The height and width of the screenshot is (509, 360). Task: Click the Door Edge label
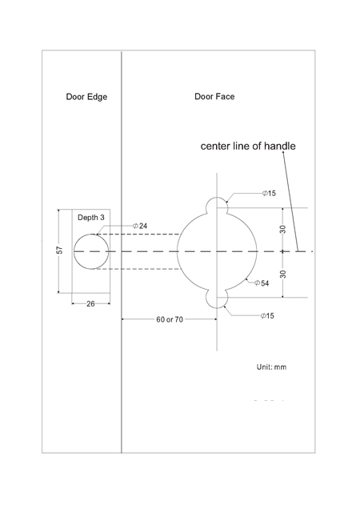(x=86, y=97)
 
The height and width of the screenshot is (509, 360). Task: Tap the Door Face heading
(x=214, y=96)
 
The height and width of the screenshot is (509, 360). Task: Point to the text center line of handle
(x=248, y=146)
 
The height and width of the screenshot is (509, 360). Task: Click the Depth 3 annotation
(x=91, y=218)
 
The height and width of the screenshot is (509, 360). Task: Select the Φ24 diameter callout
(x=140, y=226)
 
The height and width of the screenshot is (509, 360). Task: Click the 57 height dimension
(x=60, y=250)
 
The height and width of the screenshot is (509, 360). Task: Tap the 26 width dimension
(x=90, y=304)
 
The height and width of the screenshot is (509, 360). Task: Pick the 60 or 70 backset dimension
(x=170, y=319)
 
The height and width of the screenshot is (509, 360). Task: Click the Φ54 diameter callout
(x=262, y=283)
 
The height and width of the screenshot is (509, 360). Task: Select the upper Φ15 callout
(x=269, y=193)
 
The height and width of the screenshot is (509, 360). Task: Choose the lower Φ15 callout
(x=267, y=315)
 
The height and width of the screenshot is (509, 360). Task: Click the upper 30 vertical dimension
(x=282, y=230)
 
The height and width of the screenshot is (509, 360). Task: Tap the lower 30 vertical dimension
(x=282, y=274)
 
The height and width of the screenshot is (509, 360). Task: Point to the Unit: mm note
(x=271, y=367)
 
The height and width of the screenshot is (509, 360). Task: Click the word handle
(x=279, y=146)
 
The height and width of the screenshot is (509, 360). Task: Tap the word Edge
(x=97, y=97)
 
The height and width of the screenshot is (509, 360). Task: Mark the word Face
(x=225, y=96)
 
